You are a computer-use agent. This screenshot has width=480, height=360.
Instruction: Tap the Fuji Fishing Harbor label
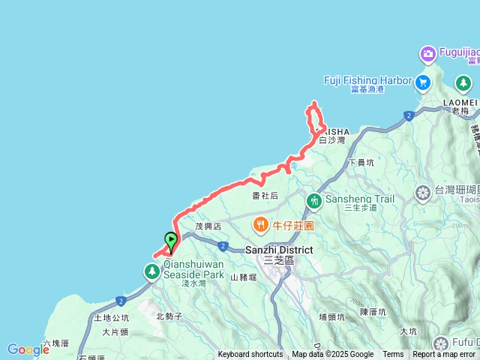(367, 80)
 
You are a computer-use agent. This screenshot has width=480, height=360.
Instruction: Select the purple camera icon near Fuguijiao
(428, 53)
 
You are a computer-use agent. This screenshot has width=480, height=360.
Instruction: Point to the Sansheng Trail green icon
(313, 200)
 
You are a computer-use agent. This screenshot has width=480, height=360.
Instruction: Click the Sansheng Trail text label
(358, 199)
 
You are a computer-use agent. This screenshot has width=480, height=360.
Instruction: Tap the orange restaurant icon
(260, 223)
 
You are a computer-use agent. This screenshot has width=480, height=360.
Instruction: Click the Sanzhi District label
(279, 249)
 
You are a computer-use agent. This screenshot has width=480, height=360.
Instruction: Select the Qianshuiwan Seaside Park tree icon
(152, 269)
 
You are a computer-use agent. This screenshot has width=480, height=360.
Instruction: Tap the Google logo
(28, 349)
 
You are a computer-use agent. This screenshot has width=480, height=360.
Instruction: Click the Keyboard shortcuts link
(250, 355)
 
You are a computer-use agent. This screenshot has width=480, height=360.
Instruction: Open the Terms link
(393, 355)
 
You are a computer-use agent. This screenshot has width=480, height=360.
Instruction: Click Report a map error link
(444, 355)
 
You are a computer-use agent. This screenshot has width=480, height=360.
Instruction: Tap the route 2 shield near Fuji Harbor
(408, 115)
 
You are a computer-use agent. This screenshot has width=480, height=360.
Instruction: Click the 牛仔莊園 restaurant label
(293, 225)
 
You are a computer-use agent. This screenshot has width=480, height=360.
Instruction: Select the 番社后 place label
(265, 195)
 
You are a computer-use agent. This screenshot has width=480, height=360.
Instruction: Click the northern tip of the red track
(313, 103)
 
